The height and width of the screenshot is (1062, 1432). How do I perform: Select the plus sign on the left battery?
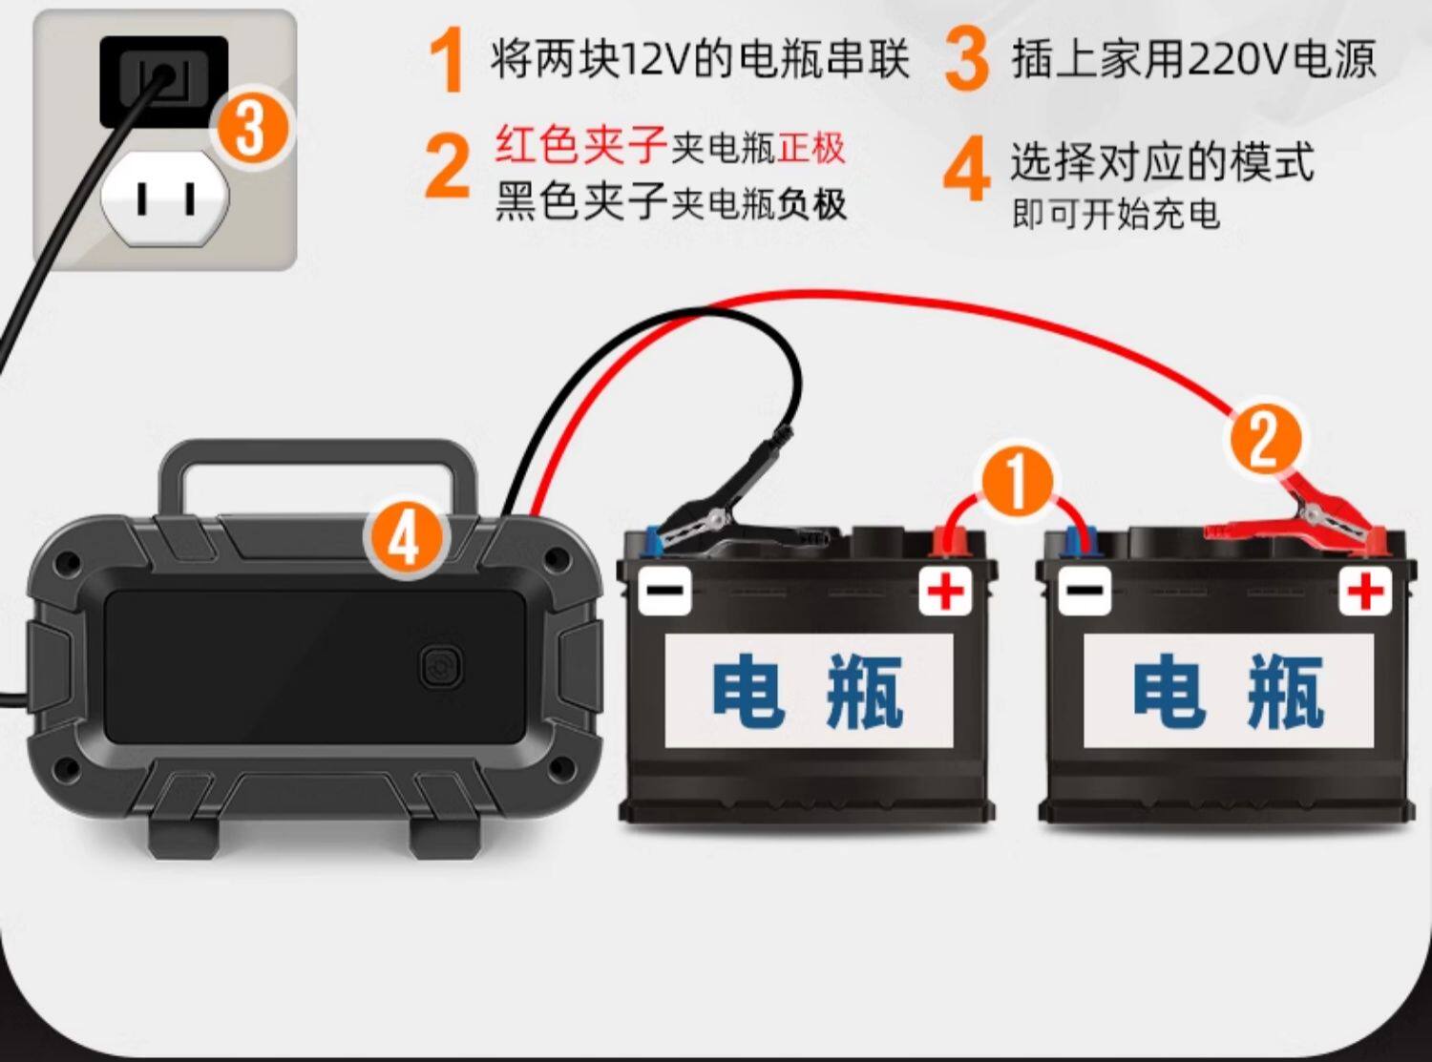click(x=945, y=590)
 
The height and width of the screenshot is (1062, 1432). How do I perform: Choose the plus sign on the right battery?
click(x=1365, y=590)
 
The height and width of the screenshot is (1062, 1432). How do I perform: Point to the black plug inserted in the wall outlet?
click(x=163, y=81)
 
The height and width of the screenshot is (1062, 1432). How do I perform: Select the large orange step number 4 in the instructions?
click(x=966, y=169)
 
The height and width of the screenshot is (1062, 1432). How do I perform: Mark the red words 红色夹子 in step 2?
click(x=581, y=145)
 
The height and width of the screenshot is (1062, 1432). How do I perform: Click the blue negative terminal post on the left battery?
click(x=653, y=541)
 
